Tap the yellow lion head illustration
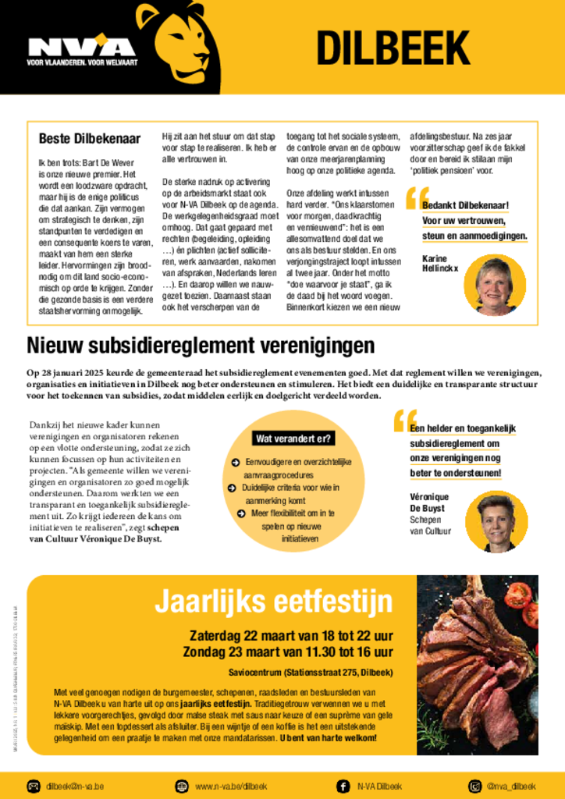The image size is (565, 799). pyautogui.click(x=177, y=42)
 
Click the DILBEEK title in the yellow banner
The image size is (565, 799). pyautogui.click(x=392, y=48)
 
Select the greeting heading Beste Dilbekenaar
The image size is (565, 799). pyautogui.click(x=90, y=139)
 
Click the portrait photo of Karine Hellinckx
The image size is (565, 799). pyautogui.click(x=494, y=286)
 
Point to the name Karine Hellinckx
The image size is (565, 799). pyautogui.click(x=440, y=263)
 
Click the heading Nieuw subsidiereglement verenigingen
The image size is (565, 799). pyautogui.click(x=201, y=345)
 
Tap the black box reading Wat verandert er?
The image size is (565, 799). pyautogui.click(x=293, y=439)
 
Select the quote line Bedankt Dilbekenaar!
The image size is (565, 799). pyautogui.click(x=465, y=206)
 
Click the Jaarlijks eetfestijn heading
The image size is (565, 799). pyautogui.click(x=273, y=602)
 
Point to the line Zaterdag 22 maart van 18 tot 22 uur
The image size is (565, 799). pyautogui.click(x=291, y=635)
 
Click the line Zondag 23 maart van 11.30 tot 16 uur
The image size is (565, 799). pyautogui.click(x=288, y=652)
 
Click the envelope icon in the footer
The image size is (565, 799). pyautogui.click(x=34, y=786)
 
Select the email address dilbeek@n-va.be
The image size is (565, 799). pyautogui.click(x=75, y=786)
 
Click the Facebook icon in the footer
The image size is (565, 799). pyautogui.click(x=343, y=786)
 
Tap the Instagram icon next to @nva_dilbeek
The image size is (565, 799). pyautogui.click(x=474, y=786)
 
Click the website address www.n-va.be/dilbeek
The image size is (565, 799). pyautogui.click(x=231, y=786)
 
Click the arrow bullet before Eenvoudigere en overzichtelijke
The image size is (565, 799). pyautogui.click(x=235, y=462)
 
